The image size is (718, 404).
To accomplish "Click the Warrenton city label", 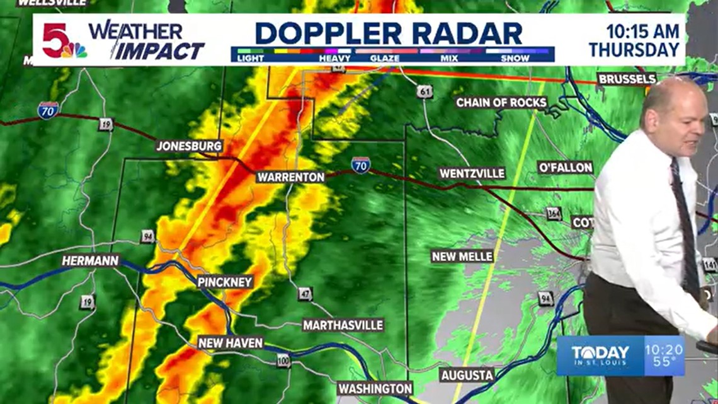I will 290,177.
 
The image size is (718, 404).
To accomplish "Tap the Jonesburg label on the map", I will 190,146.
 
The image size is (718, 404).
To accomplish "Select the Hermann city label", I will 90,260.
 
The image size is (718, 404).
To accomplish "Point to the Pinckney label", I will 225,282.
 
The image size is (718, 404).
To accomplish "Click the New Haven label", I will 230,343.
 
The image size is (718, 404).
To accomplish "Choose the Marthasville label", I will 343,325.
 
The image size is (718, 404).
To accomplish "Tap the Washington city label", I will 375,388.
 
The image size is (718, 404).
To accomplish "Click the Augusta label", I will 467,375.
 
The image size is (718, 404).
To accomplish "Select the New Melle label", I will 462,256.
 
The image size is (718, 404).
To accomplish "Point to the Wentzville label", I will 472,173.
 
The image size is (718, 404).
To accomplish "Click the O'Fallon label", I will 565,168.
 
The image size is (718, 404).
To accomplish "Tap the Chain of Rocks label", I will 501,102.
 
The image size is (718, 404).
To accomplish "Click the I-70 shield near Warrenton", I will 361,165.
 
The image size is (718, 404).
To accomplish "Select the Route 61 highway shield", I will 425,91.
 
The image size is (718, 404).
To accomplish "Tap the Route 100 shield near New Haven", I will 284,360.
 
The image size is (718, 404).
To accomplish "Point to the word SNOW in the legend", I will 515,58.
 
